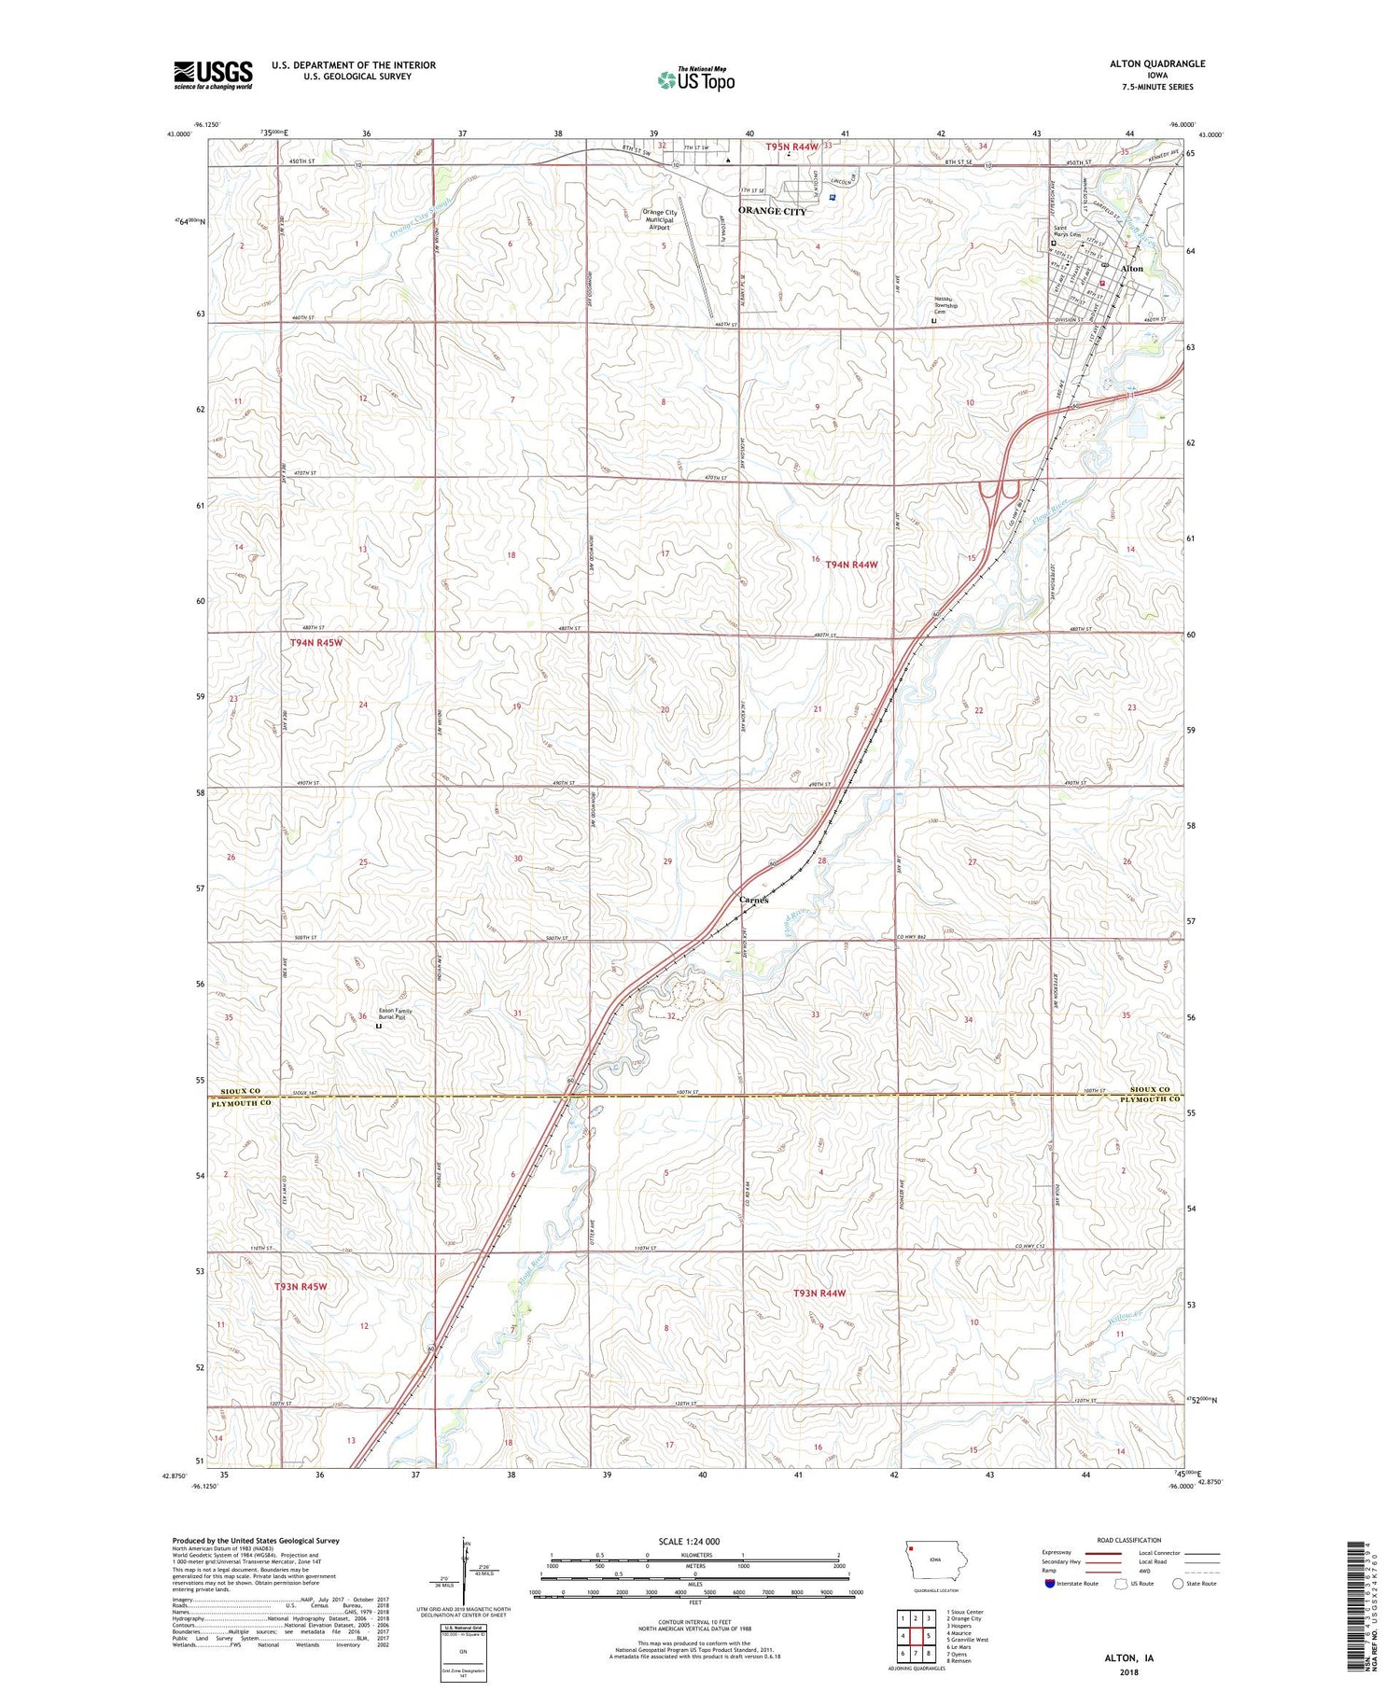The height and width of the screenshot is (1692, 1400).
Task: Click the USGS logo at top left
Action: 213,75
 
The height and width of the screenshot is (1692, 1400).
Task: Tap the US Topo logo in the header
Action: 695,80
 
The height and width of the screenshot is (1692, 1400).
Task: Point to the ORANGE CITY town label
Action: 772,212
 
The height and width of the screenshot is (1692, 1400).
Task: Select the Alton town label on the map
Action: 1131,269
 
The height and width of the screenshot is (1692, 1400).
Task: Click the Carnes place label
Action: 753,901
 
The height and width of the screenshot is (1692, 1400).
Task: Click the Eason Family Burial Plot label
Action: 395,1014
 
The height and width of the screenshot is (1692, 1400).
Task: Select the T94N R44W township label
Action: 851,565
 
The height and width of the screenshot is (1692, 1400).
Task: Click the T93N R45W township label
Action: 301,1287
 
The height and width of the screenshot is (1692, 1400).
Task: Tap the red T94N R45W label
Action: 315,643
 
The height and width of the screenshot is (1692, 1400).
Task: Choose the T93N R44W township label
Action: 819,1293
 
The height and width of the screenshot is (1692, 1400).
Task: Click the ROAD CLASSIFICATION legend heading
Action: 1129,1540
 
